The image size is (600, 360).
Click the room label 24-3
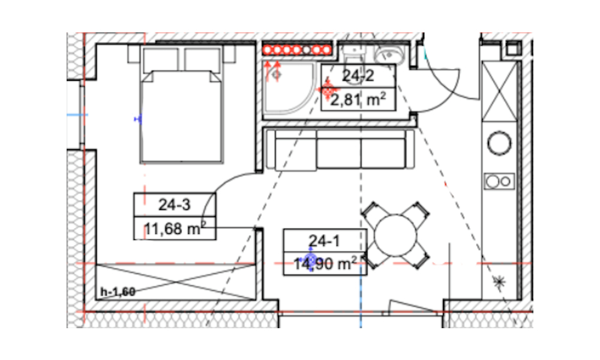pyautogui.click(x=175, y=205)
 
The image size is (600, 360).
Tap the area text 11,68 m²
pyautogui.click(x=175, y=229)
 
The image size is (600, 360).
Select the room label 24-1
pyautogui.click(x=324, y=241)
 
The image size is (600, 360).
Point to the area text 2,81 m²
pyautogui.click(x=358, y=100)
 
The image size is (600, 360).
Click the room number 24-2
pyautogui.click(x=358, y=76)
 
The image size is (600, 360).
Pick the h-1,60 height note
pyautogui.click(x=118, y=292)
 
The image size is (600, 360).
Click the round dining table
pyautogui.click(x=395, y=235)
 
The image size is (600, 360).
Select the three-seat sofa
pyautogui.click(x=340, y=149)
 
